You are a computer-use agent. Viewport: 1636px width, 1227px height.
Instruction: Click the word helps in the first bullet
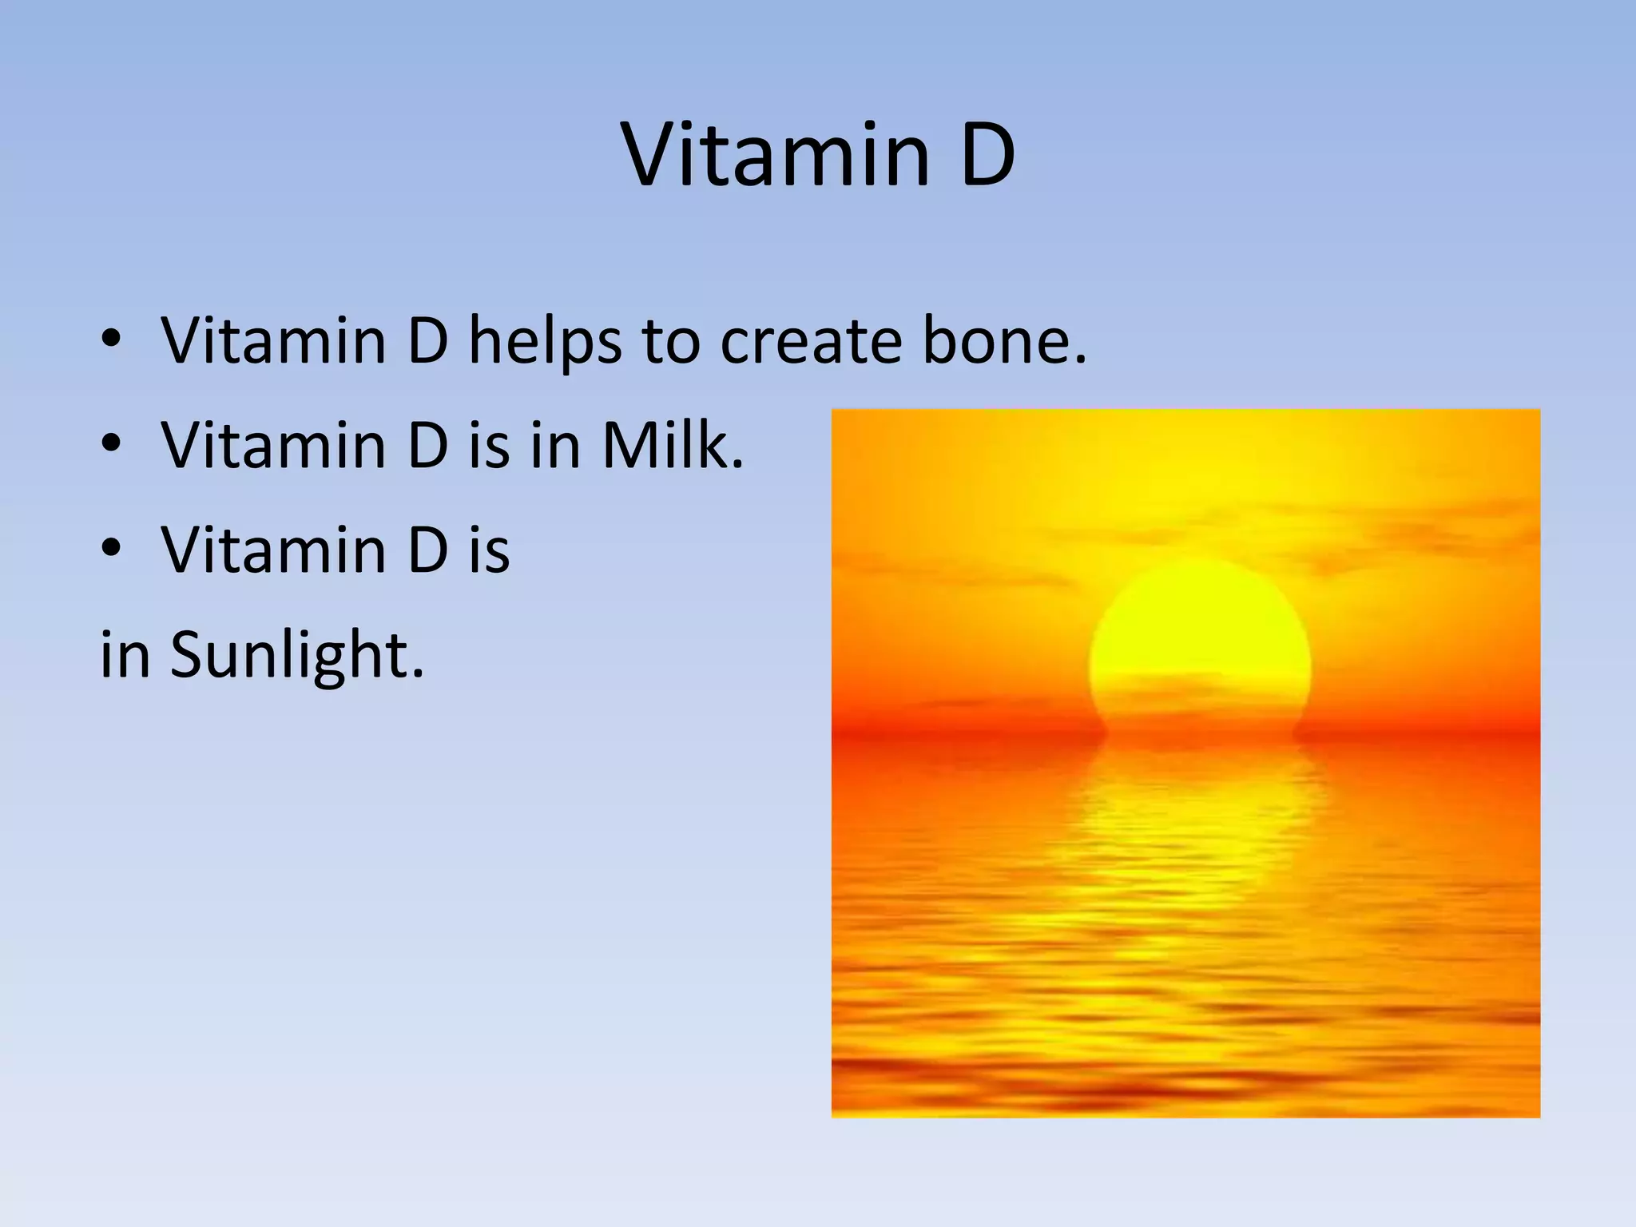544,342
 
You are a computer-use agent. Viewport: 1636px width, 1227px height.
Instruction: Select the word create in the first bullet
812,342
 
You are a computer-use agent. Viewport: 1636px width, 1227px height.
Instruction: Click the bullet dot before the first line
111,340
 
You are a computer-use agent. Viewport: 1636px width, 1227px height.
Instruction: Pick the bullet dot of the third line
111,549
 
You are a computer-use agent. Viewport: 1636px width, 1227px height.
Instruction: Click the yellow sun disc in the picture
1198,639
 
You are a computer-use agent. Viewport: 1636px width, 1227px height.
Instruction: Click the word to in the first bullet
671,342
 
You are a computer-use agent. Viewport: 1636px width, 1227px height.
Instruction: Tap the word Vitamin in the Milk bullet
273,445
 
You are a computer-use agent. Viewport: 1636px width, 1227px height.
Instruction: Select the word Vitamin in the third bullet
273,550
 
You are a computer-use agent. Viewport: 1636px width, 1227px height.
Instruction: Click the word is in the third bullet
489,550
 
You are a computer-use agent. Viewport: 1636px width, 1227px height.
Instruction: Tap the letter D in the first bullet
427,342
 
